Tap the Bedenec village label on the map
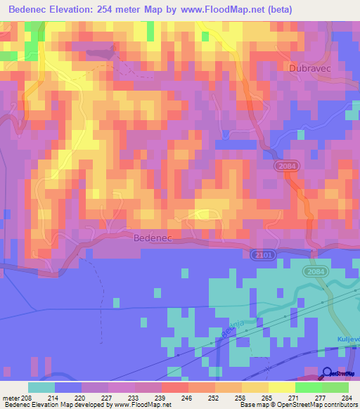point(153,239)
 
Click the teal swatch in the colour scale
point(41,387)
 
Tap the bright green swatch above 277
point(308,387)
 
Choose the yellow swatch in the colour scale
point(281,387)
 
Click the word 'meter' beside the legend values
point(12,397)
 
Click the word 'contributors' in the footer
point(340,405)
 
